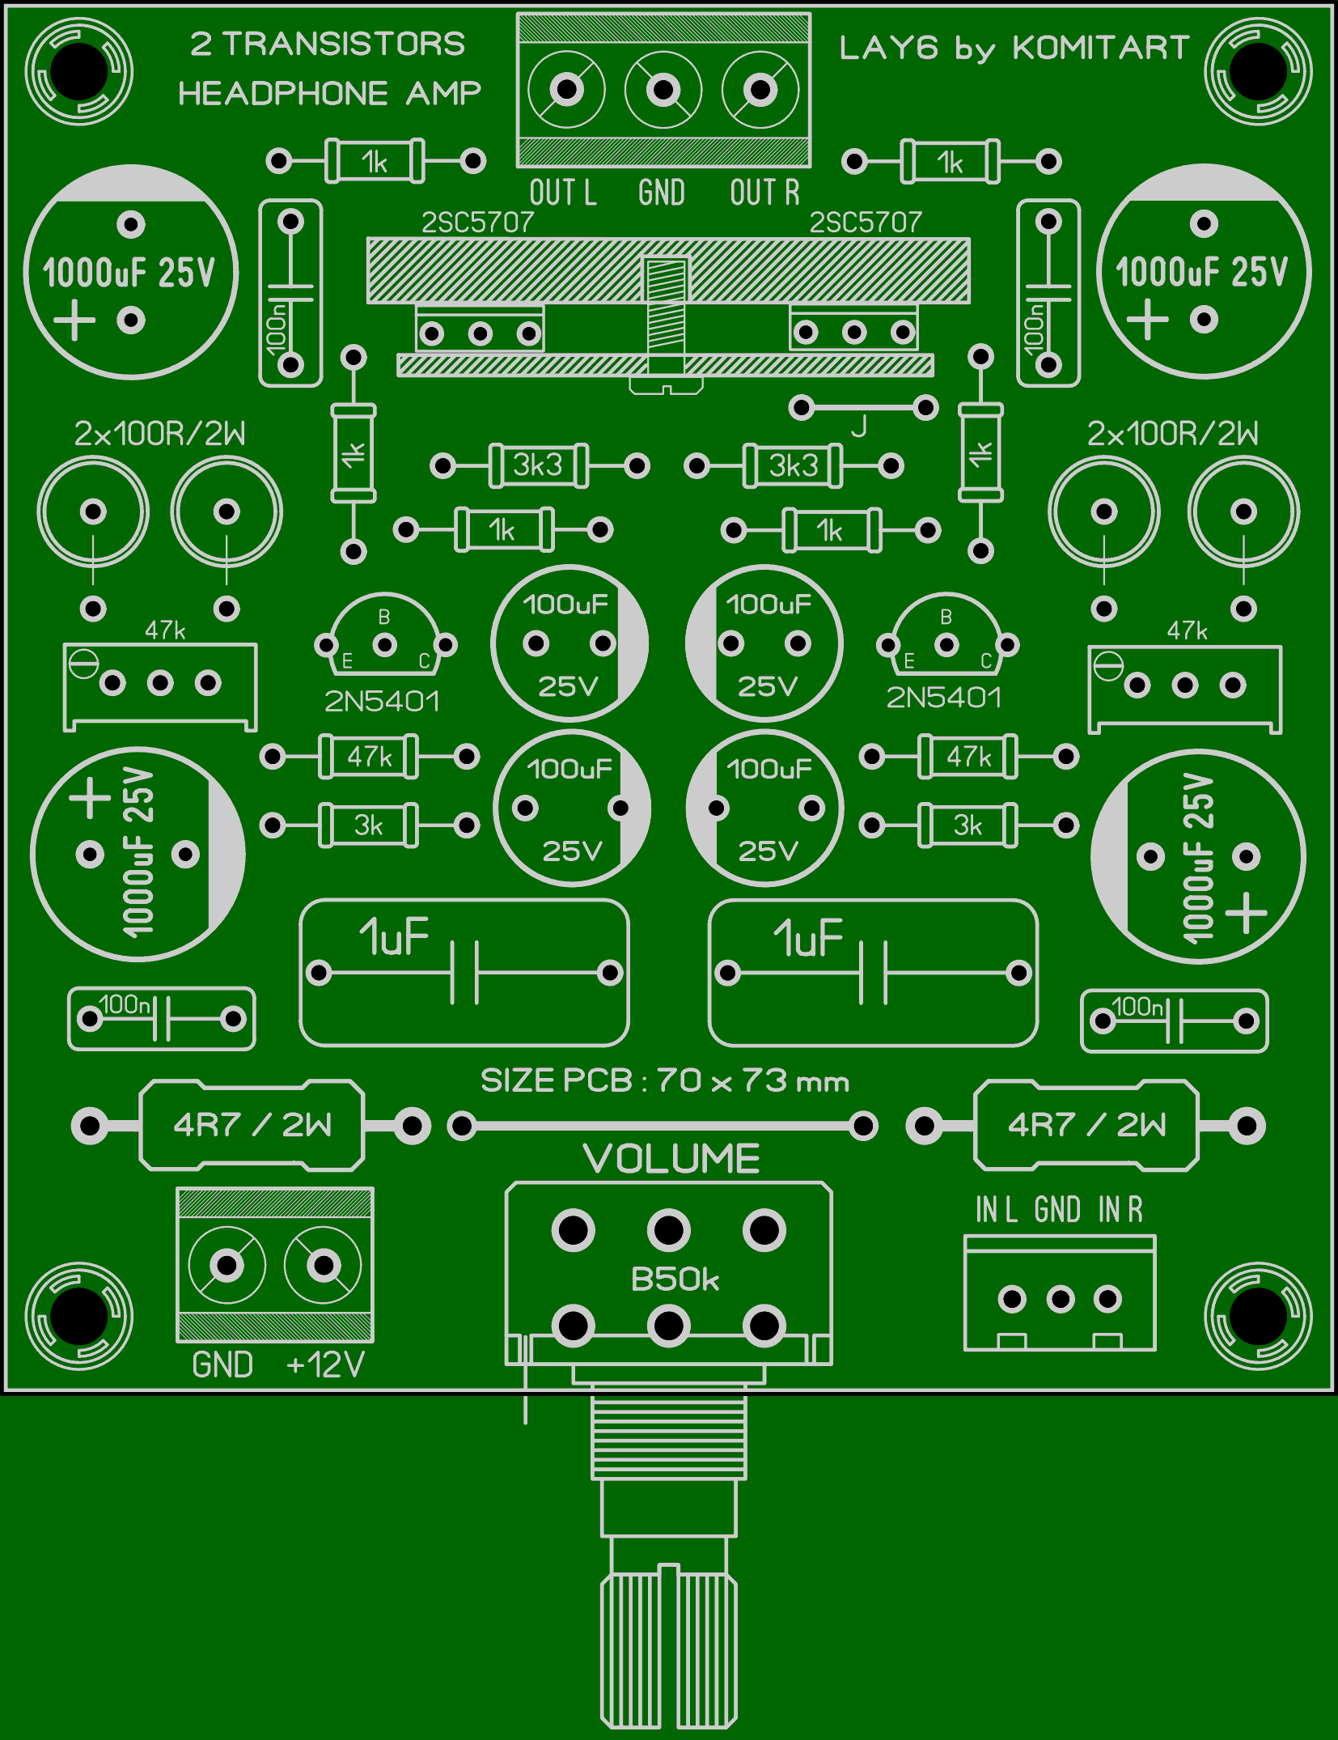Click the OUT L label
click(563, 193)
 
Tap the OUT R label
click(764, 193)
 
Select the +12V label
click(325, 1364)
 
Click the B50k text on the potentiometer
click(675, 1280)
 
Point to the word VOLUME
click(671, 1159)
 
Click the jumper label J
click(859, 426)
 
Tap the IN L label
click(996, 1210)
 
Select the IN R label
click(1120, 1210)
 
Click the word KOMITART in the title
click(1100, 49)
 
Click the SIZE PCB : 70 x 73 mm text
click(665, 1080)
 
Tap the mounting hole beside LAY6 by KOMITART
click(1257, 72)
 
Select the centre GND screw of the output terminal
click(663, 89)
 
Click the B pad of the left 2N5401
click(385, 644)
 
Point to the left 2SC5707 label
click(477, 223)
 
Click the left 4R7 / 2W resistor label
click(252, 1125)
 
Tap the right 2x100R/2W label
click(1172, 435)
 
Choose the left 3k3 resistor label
click(537, 465)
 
